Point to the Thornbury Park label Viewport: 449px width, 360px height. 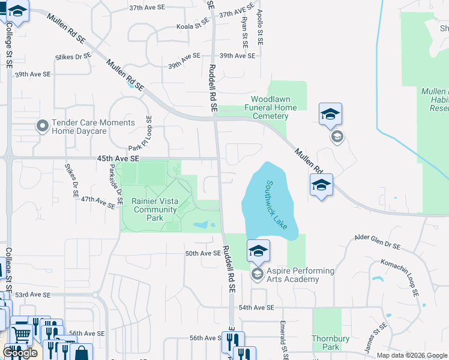click(x=327, y=343)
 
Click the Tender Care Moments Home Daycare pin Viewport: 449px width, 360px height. click(x=42, y=126)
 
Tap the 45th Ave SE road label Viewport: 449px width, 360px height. click(x=118, y=158)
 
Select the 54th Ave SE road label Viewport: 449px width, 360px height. click(x=256, y=307)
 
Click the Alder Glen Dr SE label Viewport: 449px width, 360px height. click(x=377, y=241)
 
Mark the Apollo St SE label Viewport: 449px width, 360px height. click(x=261, y=20)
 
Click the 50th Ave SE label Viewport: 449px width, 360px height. click(x=203, y=254)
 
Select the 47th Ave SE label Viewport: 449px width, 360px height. click(x=98, y=202)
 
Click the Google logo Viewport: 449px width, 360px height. click(x=20, y=353)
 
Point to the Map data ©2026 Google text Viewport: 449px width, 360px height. click(x=412, y=355)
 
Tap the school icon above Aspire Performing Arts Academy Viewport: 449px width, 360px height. click(x=258, y=251)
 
